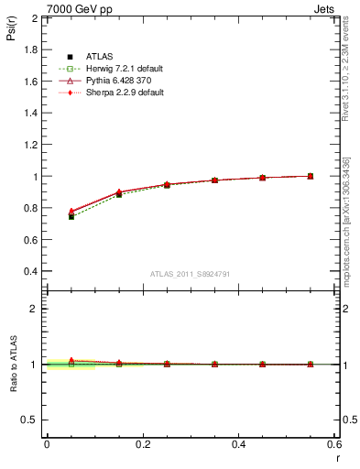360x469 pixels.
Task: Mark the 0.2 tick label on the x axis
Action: (142, 444)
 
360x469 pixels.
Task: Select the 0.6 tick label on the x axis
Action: (334, 444)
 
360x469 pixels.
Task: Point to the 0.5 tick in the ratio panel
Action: (31, 420)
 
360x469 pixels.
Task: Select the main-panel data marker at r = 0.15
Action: (119, 194)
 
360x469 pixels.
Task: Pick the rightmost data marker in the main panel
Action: (311, 176)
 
